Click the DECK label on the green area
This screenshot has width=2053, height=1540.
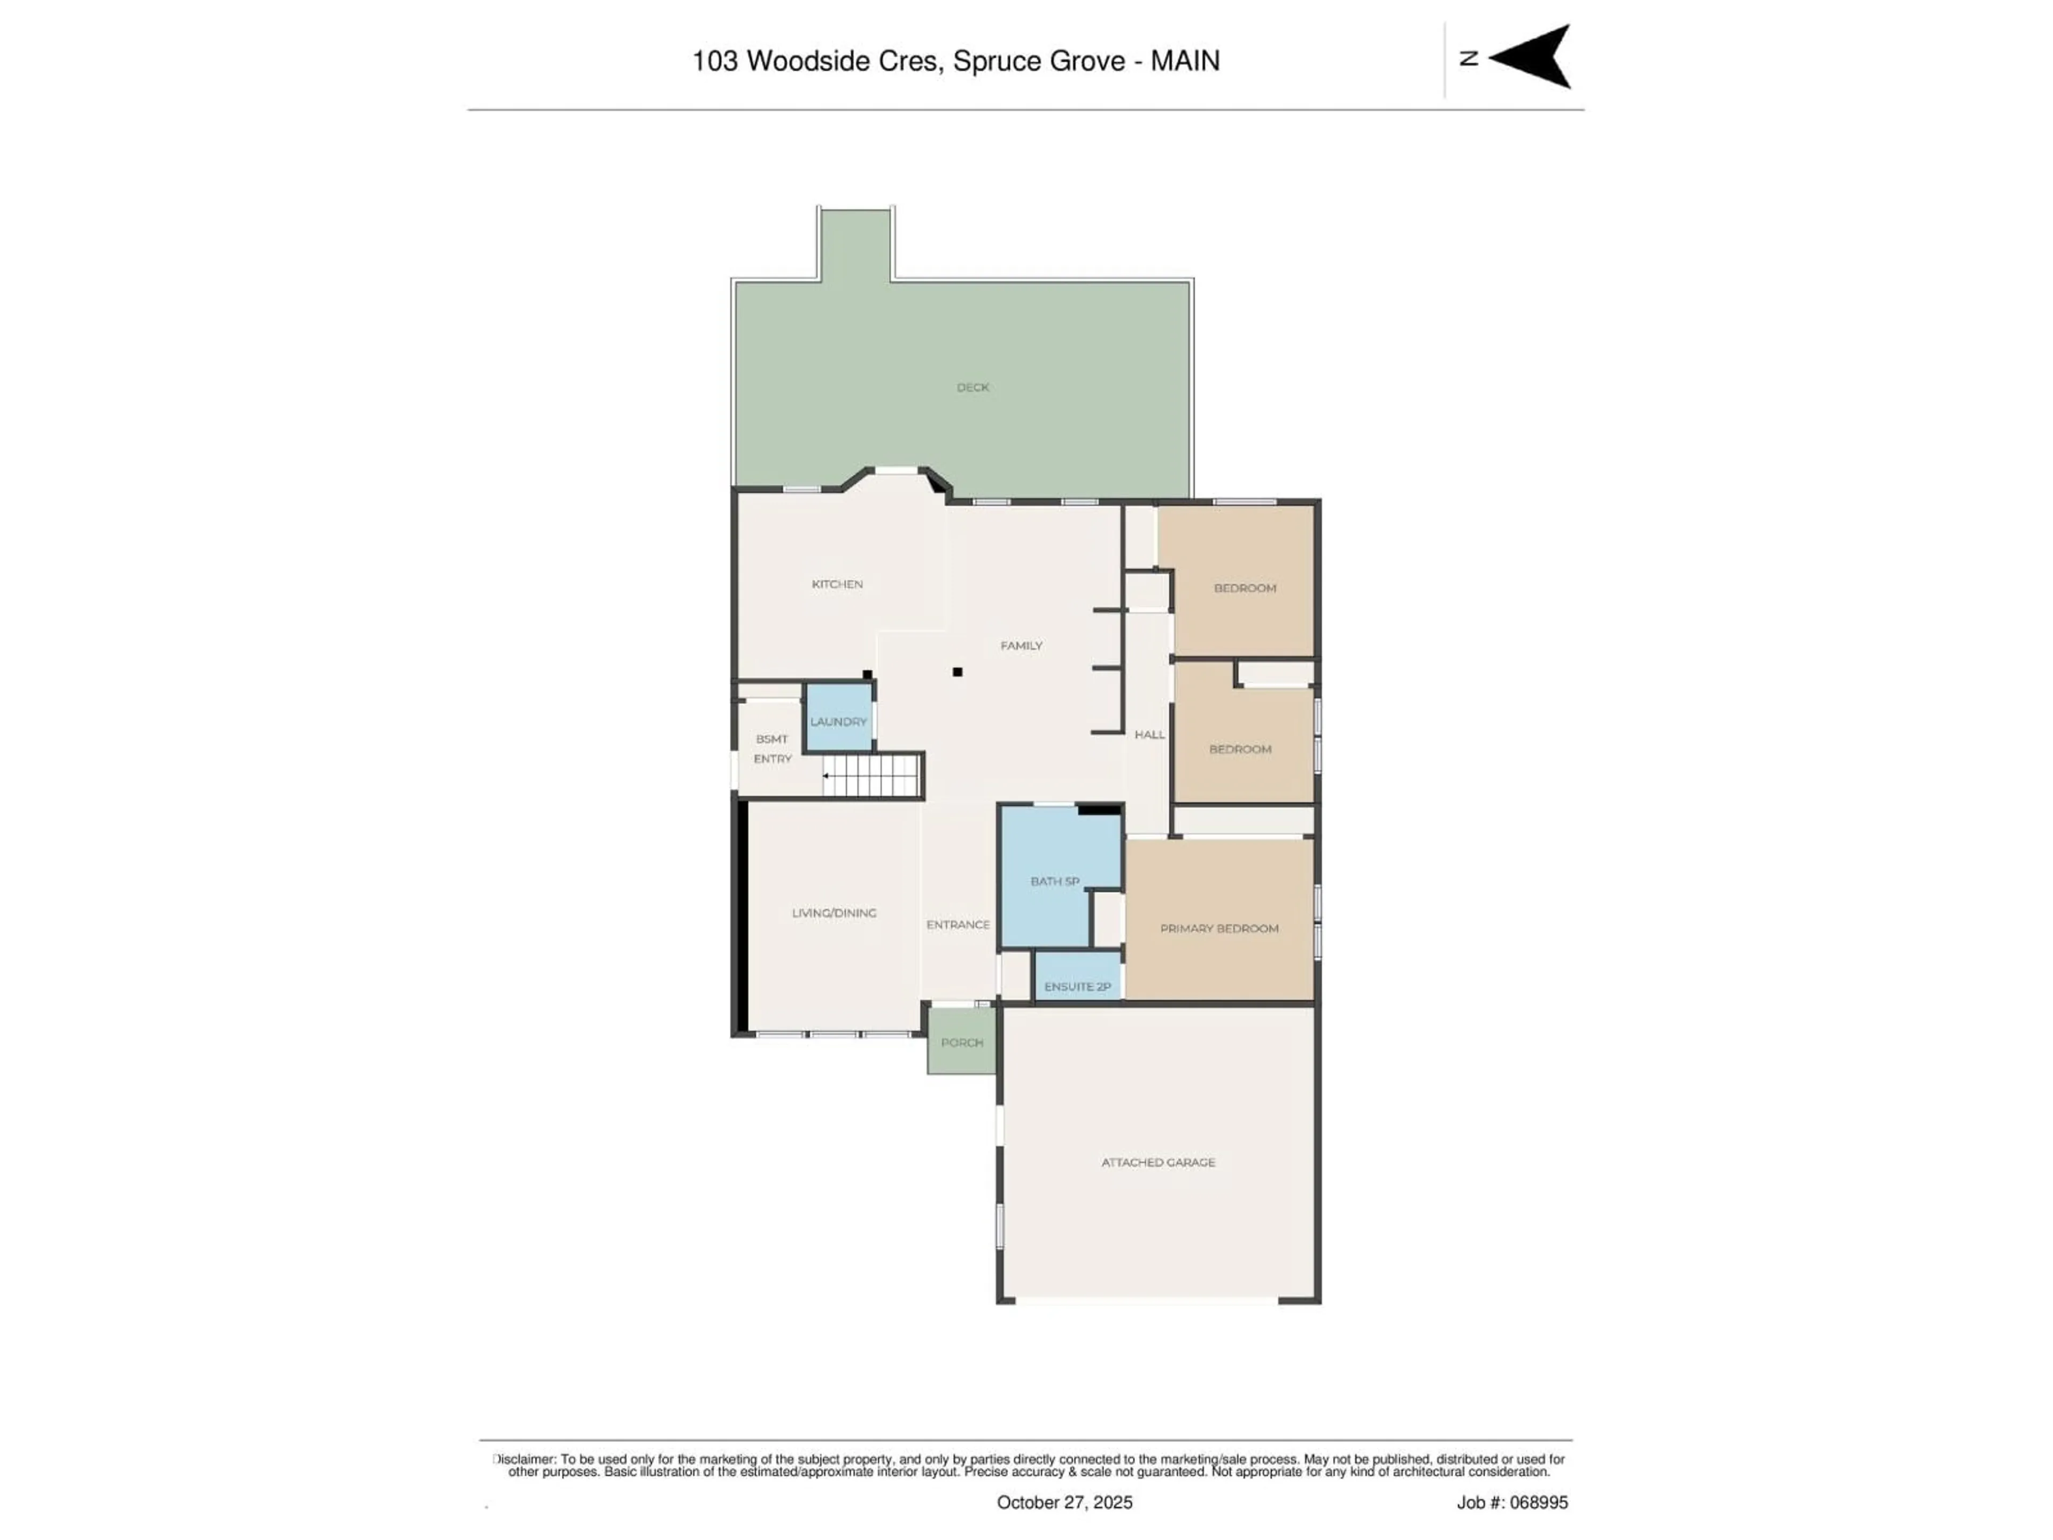tap(973, 387)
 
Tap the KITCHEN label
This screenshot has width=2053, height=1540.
tap(837, 584)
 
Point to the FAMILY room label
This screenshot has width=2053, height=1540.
tap(1021, 645)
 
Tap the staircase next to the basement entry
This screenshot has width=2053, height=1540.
tap(873, 775)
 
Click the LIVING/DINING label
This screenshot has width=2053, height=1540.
tap(833, 912)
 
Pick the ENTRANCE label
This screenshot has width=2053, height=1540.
tap(958, 925)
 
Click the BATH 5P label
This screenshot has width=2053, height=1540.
tap(1054, 881)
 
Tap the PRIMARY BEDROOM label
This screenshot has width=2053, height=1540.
tap(1218, 928)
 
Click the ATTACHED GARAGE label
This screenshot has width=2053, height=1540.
tap(1157, 1162)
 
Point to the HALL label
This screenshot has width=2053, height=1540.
tap(1149, 734)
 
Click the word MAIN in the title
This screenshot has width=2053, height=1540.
tap(1185, 61)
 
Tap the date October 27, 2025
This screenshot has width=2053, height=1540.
tap(1064, 1502)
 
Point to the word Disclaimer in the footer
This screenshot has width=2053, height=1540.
tap(524, 1459)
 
